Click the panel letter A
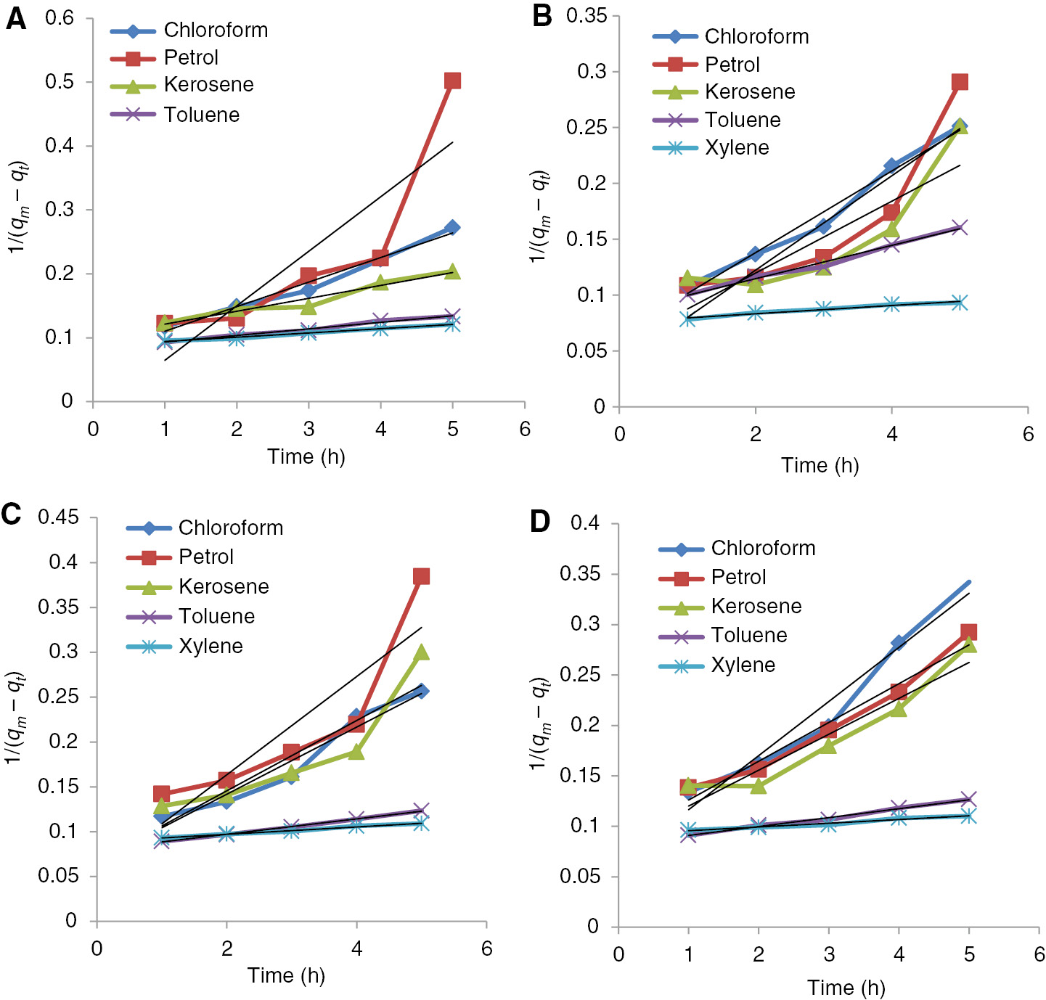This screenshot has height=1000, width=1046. tap(15, 19)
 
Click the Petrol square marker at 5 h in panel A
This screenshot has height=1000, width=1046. tap(452, 81)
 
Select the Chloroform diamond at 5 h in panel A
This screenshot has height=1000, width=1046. tap(452, 227)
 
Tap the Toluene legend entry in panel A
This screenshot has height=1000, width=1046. tap(201, 115)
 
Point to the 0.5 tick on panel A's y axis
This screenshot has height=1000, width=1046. tap(60, 81)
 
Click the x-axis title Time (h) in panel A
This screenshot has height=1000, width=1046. tap(306, 456)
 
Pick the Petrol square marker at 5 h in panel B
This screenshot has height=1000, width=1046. tap(960, 82)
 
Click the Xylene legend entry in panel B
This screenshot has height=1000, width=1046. tap(737, 148)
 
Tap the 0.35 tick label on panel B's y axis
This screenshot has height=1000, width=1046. tap(587, 16)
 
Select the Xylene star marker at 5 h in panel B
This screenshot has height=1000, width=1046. tap(960, 303)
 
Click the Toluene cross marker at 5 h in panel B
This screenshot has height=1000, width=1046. tap(960, 228)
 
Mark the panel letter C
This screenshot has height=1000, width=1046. tap(12, 514)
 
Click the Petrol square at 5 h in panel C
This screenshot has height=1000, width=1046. tap(421, 576)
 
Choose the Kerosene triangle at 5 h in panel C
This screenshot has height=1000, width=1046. tap(421, 652)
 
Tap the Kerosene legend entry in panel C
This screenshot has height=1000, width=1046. tap(224, 586)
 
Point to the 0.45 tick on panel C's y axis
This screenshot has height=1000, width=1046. tap(58, 517)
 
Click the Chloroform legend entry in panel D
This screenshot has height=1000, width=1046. tap(763, 548)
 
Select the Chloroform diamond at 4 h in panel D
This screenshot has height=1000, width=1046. tap(899, 642)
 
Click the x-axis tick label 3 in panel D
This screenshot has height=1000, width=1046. tap(828, 954)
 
